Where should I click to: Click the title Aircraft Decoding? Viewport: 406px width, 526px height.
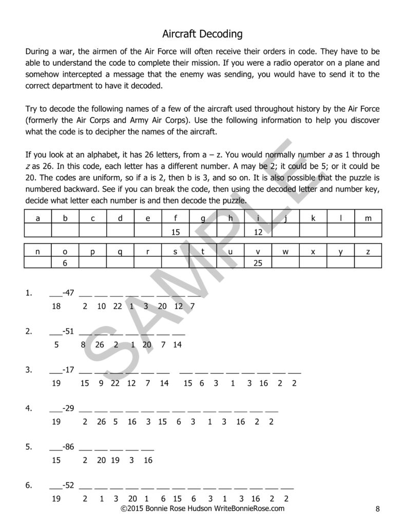click(x=202, y=34)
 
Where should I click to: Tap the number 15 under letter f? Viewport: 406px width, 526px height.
click(x=176, y=232)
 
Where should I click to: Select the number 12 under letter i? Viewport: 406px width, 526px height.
click(x=258, y=232)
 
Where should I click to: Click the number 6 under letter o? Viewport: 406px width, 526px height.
click(x=65, y=262)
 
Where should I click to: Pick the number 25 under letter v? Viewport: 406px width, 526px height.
click(x=258, y=262)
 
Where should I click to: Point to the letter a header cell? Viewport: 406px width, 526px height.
click(x=37, y=218)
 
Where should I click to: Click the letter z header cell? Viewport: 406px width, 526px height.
click(x=368, y=251)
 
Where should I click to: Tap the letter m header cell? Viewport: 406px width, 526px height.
click(x=368, y=218)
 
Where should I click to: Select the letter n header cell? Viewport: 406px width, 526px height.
click(x=37, y=251)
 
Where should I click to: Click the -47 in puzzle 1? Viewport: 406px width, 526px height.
click(x=68, y=293)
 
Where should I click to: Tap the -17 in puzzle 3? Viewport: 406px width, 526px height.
click(x=68, y=369)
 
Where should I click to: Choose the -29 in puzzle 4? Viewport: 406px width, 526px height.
click(x=68, y=408)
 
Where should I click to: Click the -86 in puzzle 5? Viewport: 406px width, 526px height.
click(x=68, y=447)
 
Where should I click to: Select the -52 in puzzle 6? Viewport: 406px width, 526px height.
click(x=68, y=485)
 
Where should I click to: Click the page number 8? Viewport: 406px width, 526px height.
click(x=377, y=509)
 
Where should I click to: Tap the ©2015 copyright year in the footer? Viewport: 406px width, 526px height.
click(x=132, y=509)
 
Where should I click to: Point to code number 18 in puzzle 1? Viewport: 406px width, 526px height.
click(x=56, y=306)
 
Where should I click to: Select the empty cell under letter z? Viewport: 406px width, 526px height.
click(x=368, y=262)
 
